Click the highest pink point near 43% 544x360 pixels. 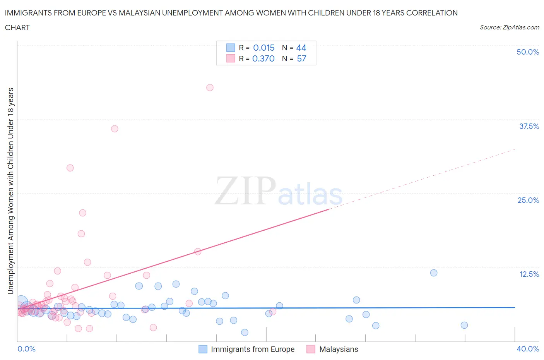point(210,87)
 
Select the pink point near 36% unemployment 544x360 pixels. point(115,129)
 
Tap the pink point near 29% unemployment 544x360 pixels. point(70,168)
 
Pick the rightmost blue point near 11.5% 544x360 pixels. point(434,273)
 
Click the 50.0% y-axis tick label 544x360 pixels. point(528,52)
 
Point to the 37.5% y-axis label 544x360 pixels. point(529,126)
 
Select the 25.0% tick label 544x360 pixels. point(528,200)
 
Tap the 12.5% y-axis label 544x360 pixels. point(529,274)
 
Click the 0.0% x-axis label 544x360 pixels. point(26,349)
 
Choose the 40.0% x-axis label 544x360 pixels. point(528,349)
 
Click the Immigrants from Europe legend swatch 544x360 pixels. point(203,349)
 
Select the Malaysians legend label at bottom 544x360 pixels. point(339,349)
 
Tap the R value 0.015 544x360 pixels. point(263,48)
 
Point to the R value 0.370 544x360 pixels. point(263,58)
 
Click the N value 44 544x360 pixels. point(301,48)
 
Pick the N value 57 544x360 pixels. point(301,58)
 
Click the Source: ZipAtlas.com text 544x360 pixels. point(509,27)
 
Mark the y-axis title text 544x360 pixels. point(10,191)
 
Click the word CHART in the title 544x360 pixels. point(17,27)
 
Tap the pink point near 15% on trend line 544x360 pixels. point(197,252)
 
